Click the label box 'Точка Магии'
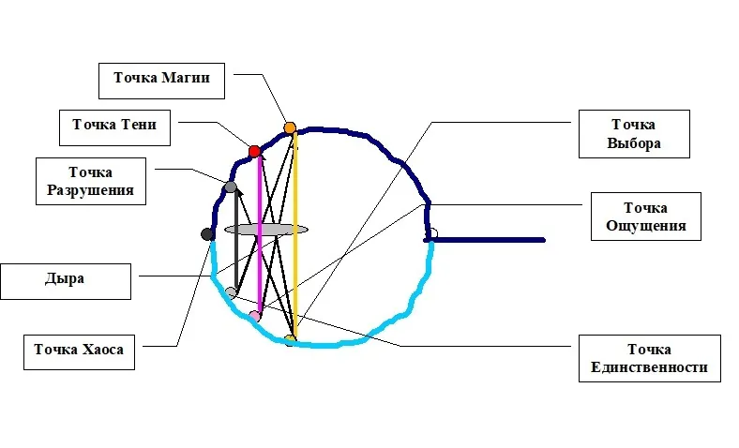[161, 80]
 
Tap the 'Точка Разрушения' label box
[90, 180]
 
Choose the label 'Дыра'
[68, 278]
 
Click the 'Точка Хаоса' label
[79, 350]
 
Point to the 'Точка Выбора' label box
[635, 133]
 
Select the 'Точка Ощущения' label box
[646, 216]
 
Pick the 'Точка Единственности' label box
[649, 357]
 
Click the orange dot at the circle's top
[290, 127]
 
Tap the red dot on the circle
[254, 151]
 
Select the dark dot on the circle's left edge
[208, 233]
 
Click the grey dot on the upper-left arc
[231, 187]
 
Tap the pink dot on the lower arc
[254, 317]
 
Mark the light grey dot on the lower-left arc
[231, 292]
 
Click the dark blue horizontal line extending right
[488, 240]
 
